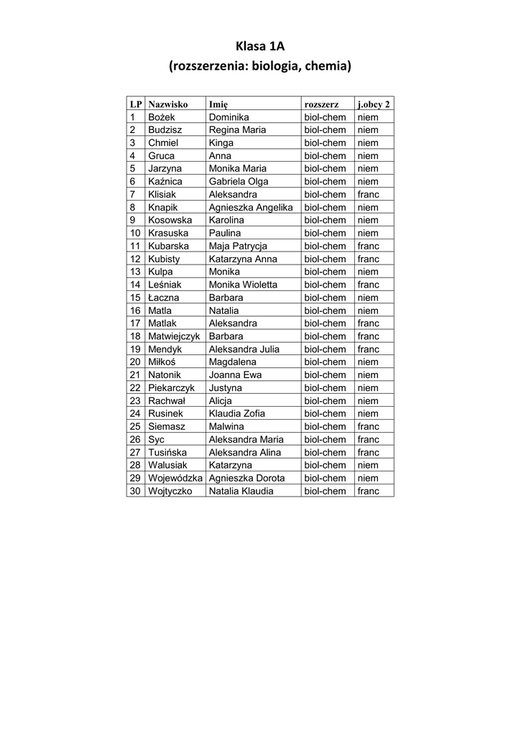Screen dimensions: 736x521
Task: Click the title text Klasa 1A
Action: [x=260, y=47]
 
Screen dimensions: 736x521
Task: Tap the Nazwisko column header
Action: [x=167, y=104]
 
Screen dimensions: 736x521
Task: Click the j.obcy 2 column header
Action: [x=374, y=104]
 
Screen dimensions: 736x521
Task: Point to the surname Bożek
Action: [x=161, y=117]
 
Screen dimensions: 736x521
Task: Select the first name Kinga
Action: [x=221, y=143]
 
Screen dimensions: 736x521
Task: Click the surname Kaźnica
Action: [x=165, y=182]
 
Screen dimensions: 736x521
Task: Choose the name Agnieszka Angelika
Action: [x=250, y=208]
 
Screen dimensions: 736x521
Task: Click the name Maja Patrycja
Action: [x=237, y=247]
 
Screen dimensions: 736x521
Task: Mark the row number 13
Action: [x=135, y=272]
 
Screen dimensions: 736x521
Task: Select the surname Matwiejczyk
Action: [x=174, y=336]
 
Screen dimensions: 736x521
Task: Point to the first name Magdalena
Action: [x=232, y=362]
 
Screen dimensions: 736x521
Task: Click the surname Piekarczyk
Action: [x=171, y=388]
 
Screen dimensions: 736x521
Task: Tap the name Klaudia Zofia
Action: [x=236, y=414]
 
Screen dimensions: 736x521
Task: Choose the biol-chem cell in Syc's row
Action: [x=325, y=440]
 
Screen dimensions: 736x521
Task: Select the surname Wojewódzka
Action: [x=175, y=479]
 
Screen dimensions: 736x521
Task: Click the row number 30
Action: [x=135, y=492]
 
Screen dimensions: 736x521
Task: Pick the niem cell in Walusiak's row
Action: [x=367, y=466]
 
